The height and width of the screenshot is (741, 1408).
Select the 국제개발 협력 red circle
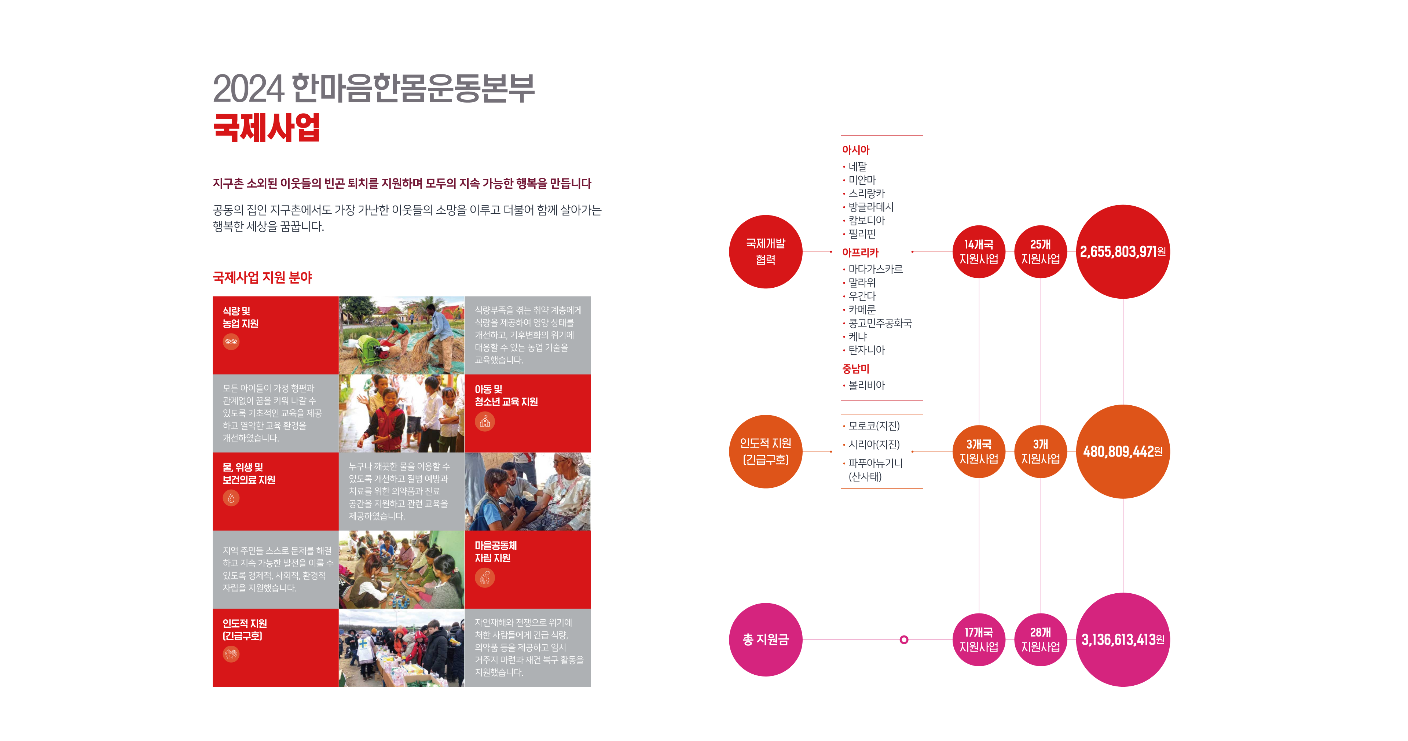click(x=765, y=251)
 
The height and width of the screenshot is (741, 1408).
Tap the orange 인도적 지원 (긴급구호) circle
click(x=765, y=451)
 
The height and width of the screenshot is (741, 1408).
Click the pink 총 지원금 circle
click(x=765, y=639)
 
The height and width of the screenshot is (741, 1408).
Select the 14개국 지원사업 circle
click(x=978, y=251)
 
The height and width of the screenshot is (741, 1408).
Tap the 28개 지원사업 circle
click(x=1040, y=639)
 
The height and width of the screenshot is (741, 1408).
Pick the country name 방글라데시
click(x=871, y=207)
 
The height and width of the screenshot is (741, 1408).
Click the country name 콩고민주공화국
click(x=880, y=323)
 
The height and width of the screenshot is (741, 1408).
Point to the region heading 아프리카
click(x=860, y=252)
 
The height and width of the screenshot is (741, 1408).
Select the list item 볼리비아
click(x=866, y=385)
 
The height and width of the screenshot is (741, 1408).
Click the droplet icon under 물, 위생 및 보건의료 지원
click(x=231, y=498)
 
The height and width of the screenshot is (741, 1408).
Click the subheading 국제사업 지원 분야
click(x=263, y=278)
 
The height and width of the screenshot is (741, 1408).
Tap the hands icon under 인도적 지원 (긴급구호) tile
click(x=231, y=654)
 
